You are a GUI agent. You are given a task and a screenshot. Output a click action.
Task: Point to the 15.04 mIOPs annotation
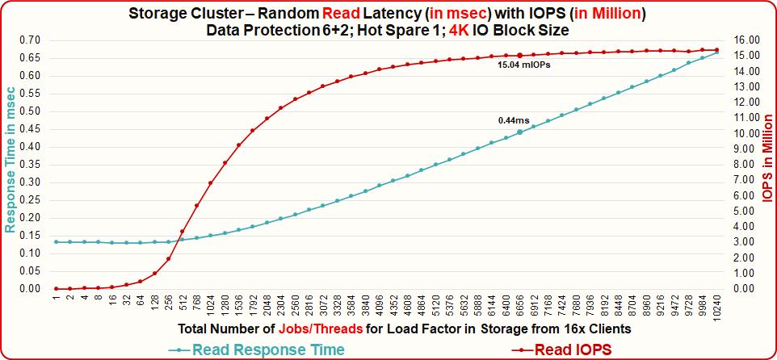(525, 65)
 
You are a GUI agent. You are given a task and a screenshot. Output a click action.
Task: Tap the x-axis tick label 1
(56, 299)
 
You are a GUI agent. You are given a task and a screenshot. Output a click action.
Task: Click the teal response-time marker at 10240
(717, 52)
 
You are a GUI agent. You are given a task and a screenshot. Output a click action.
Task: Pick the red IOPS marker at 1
(56, 288)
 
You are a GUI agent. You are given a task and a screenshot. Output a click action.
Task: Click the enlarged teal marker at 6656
(520, 132)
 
